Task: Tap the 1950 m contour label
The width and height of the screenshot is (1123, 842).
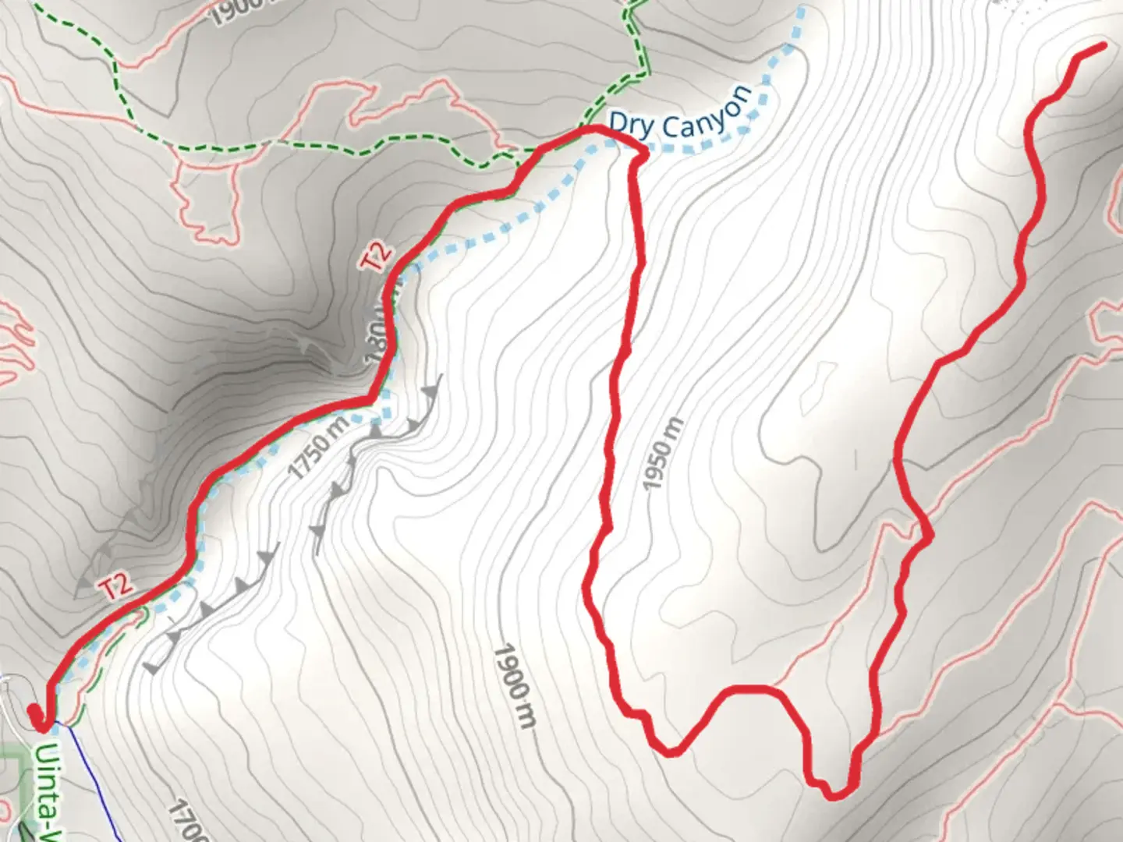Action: click(664, 455)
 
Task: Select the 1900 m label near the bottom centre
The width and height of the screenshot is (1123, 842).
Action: click(515, 686)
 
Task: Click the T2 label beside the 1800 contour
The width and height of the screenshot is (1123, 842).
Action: click(377, 256)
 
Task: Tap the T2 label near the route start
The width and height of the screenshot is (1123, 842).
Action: click(117, 586)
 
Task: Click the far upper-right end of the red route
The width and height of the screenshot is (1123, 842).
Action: click(1103, 46)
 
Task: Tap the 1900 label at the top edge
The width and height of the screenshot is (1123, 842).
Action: click(238, 9)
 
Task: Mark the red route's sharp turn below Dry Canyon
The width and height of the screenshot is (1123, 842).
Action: click(641, 155)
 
